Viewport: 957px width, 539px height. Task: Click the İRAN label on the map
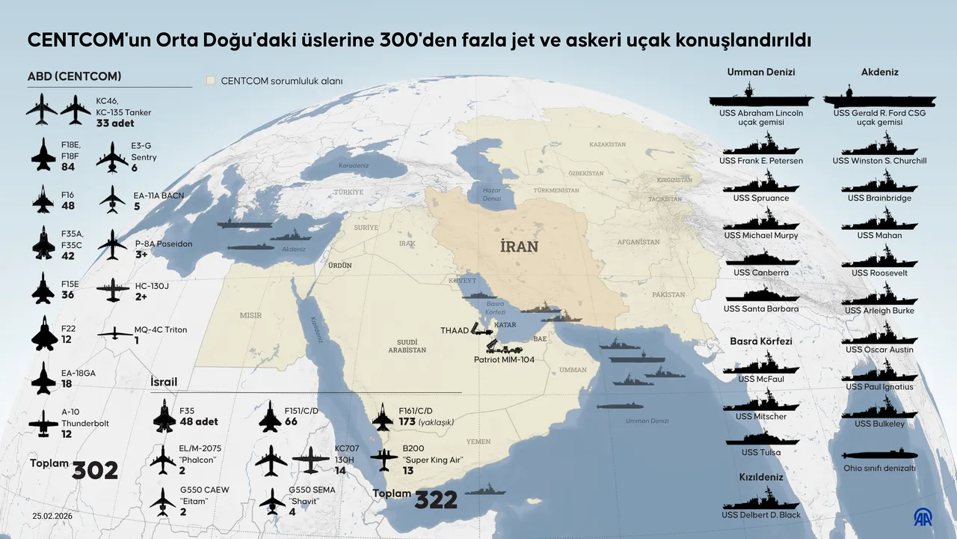[x=519, y=246]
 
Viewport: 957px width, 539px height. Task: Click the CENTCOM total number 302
[x=95, y=470]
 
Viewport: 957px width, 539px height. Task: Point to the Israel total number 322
[x=436, y=500]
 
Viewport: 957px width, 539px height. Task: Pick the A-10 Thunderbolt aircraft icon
[x=43, y=424]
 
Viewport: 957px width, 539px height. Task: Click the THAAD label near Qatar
[x=455, y=330]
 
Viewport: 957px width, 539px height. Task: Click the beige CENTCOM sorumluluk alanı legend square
[x=212, y=80]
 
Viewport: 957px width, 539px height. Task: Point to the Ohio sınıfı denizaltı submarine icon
[x=879, y=455]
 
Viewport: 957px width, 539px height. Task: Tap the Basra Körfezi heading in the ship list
[x=760, y=341]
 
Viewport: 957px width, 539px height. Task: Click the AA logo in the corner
[x=924, y=516]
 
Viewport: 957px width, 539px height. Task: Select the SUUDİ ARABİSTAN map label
[x=407, y=346]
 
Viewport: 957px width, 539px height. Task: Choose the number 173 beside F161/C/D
[x=407, y=422]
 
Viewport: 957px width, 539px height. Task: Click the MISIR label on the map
[x=250, y=315]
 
